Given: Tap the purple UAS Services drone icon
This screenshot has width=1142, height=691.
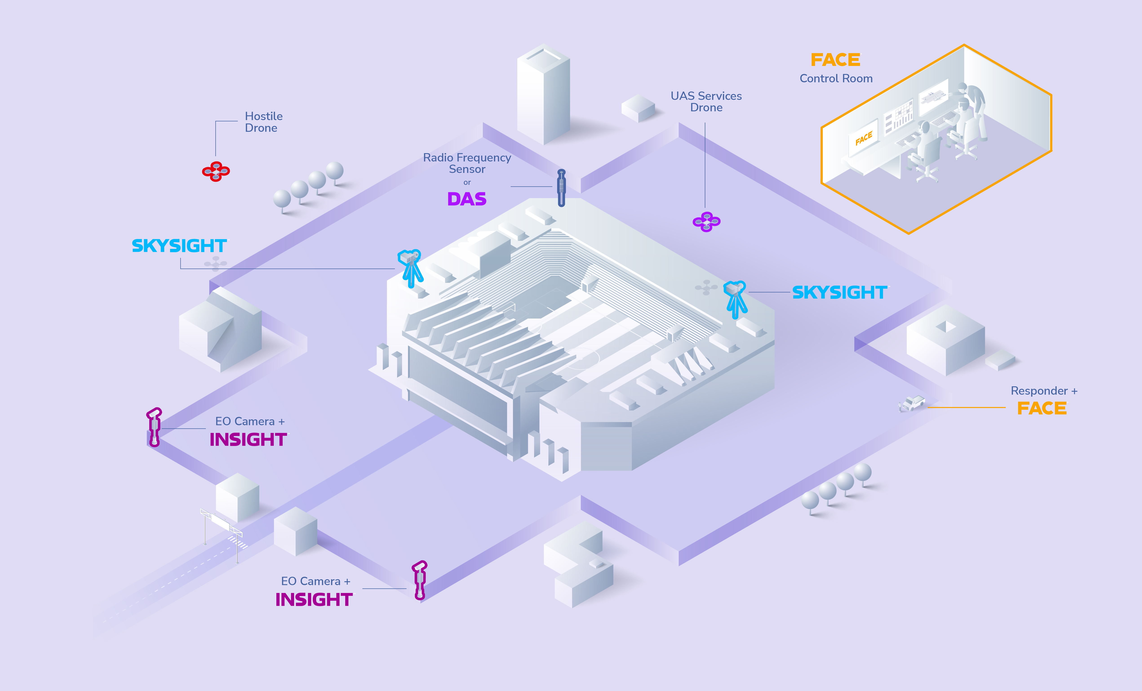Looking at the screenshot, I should click(x=706, y=222).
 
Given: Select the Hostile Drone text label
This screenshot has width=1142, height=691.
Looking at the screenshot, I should click(x=263, y=122).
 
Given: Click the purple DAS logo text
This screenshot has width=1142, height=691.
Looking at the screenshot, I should click(x=467, y=199).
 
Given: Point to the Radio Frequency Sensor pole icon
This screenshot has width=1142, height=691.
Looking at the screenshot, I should click(x=561, y=188).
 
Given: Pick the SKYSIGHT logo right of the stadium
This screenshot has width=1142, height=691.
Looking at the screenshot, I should click(x=839, y=293).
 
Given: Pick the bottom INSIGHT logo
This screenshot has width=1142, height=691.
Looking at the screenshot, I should click(x=314, y=600).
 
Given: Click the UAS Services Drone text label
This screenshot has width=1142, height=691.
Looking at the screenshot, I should click(x=706, y=102).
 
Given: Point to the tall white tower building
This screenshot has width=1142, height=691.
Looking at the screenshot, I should click(x=543, y=95).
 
